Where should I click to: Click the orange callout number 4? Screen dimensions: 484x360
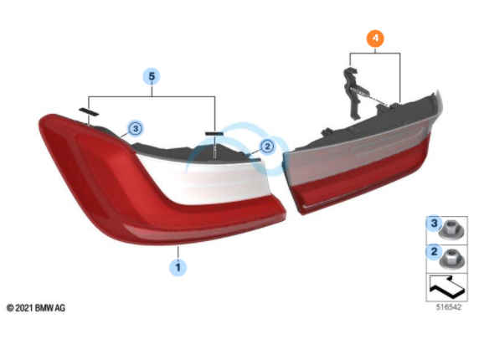point(375,39)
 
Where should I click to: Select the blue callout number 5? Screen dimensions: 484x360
point(152,76)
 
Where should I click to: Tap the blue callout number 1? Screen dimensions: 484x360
point(178,267)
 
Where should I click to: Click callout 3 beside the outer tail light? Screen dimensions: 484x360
point(136,128)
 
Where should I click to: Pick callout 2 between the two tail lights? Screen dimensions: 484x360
point(267,147)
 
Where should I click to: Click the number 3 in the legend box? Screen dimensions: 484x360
point(434,223)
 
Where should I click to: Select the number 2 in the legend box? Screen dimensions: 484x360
point(434,251)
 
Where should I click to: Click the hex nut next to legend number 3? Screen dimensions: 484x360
point(451,230)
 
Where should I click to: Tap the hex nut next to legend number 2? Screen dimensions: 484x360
point(451,259)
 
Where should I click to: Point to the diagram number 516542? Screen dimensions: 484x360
point(449,307)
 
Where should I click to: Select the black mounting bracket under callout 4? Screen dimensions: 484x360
point(355,93)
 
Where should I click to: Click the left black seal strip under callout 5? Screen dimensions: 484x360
point(89,111)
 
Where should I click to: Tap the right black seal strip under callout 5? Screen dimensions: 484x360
point(214,133)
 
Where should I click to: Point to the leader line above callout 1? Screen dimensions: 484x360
point(178,252)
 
